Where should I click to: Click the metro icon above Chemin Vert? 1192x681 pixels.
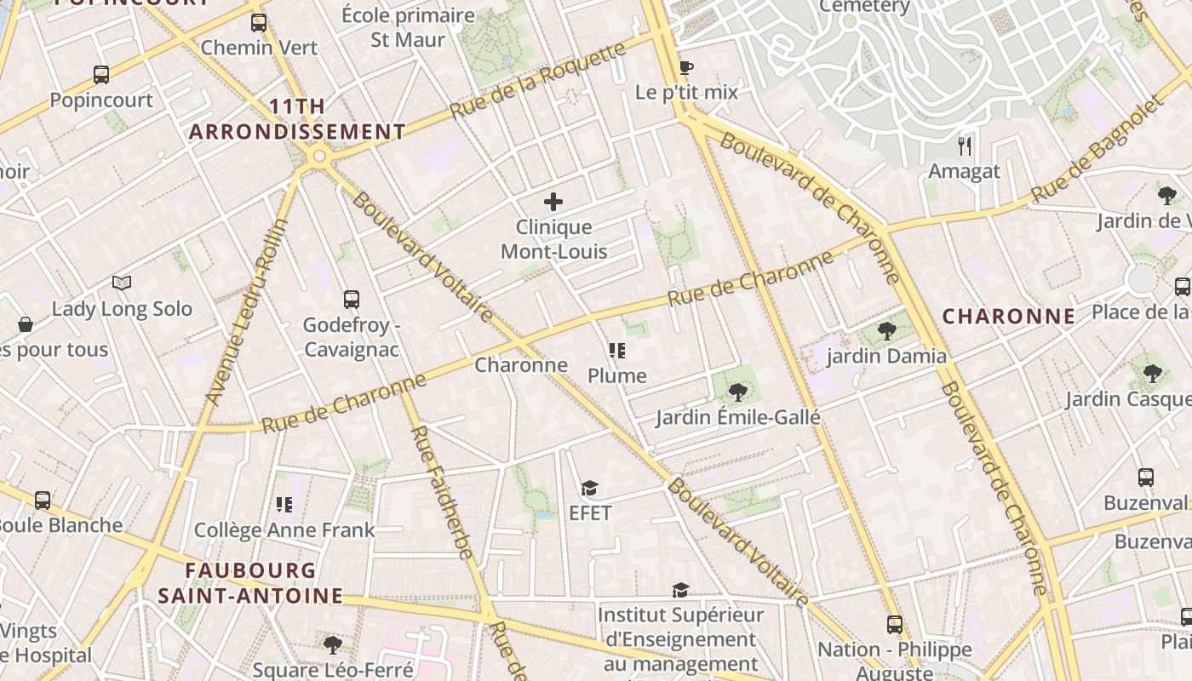(x=259, y=23)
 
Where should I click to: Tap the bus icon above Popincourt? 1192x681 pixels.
(x=101, y=75)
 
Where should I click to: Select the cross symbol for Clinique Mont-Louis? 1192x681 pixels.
(x=553, y=202)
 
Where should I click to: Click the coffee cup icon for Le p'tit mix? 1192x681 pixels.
(x=686, y=67)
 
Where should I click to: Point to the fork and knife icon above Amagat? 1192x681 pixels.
(x=965, y=146)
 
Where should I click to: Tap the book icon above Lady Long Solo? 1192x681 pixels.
(x=122, y=283)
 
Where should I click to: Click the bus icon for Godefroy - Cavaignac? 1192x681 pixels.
(x=351, y=299)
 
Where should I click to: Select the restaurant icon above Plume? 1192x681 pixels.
(x=617, y=351)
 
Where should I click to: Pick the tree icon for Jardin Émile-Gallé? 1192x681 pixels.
(x=737, y=392)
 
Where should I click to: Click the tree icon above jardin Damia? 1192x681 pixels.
(x=886, y=331)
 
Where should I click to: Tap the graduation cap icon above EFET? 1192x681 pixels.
(x=589, y=488)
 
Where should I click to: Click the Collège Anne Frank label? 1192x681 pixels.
(x=284, y=530)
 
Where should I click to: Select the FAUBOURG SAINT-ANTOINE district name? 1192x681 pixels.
(x=250, y=583)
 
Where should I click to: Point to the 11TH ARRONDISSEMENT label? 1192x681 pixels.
(x=297, y=119)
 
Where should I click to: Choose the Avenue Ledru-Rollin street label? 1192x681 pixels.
(x=248, y=311)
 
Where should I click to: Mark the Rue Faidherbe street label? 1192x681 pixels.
(x=441, y=492)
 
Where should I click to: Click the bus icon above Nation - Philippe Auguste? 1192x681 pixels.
(x=894, y=625)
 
